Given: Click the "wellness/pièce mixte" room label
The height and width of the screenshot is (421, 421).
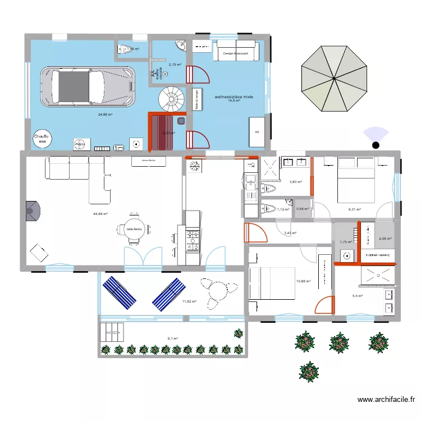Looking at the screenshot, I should pyautogui.click(x=234, y=97).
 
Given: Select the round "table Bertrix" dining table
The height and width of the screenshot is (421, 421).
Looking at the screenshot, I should pyautogui.click(x=134, y=230).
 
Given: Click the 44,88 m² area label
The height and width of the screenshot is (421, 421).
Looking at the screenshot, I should pyautogui.click(x=101, y=214).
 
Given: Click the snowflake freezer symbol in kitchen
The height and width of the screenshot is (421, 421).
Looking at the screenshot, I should pyautogui.click(x=195, y=167).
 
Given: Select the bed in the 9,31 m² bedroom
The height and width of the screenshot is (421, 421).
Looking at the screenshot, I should pyautogui.click(x=355, y=179).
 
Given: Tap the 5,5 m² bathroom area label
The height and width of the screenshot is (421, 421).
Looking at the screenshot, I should pyautogui.click(x=358, y=296).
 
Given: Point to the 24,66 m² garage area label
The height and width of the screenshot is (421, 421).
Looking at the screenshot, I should pyautogui.click(x=105, y=115).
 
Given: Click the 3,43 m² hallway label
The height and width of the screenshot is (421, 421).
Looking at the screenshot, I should pyautogui.click(x=290, y=233).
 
